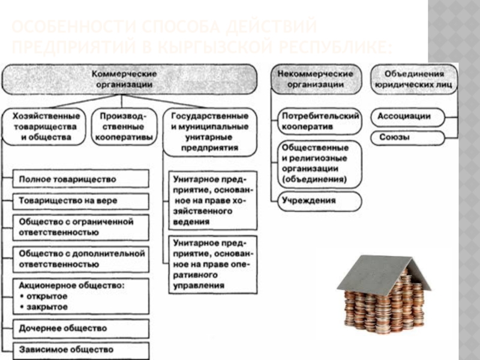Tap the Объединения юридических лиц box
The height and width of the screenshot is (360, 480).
[x=414, y=78]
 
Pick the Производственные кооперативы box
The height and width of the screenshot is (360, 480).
[x=122, y=125]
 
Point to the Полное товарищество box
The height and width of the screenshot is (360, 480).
[x=80, y=179]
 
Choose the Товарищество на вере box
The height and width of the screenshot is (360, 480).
[x=80, y=200]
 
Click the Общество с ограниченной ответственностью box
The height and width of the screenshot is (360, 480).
[x=80, y=226]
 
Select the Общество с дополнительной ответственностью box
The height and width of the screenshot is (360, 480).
[x=80, y=259]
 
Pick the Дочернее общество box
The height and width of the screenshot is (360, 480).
[x=80, y=328]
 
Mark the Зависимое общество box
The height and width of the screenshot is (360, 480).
[x=80, y=349]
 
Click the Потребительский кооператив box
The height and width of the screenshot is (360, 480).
[x=319, y=121]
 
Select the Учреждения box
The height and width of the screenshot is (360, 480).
[x=319, y=200]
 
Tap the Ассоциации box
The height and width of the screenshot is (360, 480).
[x=407, y=116]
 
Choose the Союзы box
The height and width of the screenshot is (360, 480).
[x=407, y=137]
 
